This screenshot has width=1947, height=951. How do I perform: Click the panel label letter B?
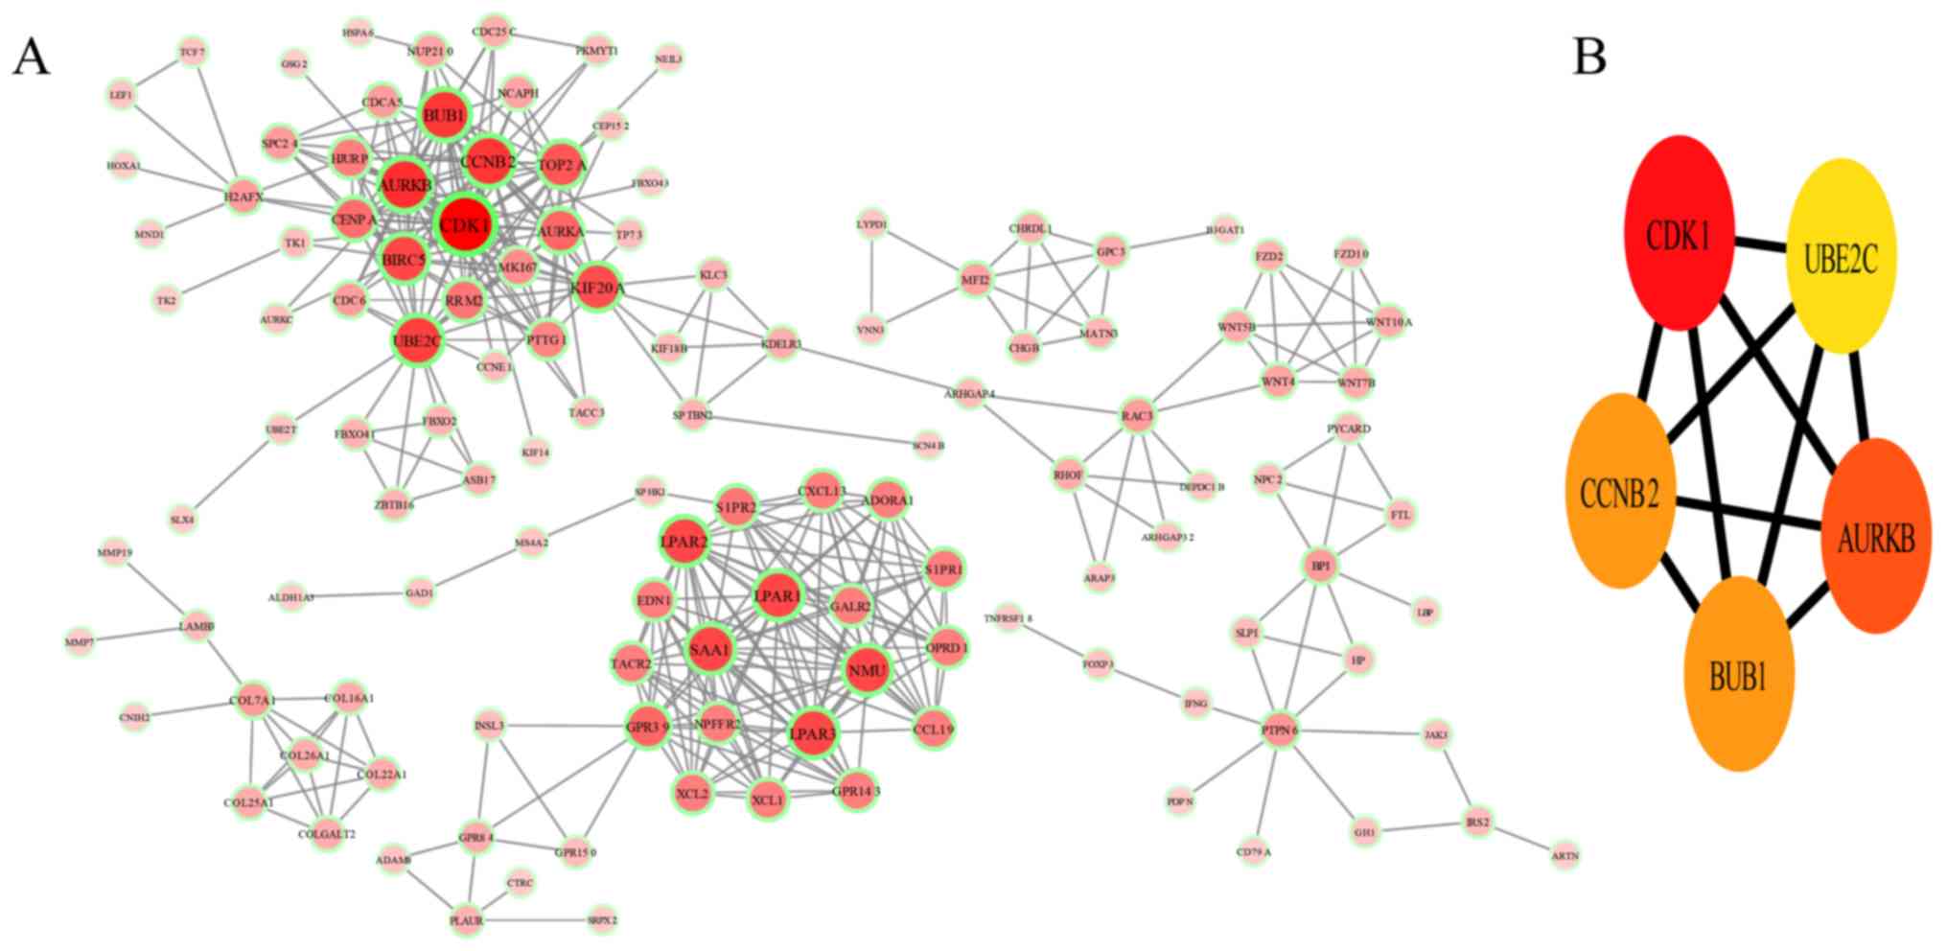1589,58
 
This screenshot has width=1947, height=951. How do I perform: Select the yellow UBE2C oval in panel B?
1841,257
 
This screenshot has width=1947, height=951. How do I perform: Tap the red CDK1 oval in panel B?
1680,233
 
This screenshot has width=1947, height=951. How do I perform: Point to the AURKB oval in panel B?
1875,537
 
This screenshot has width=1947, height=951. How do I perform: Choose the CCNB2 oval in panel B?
1620,492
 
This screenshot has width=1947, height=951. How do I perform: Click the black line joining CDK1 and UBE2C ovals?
1760,245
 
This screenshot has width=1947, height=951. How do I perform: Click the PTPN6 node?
1280,731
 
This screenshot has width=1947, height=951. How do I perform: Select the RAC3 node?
1137,416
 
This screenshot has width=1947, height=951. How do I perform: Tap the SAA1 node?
710,650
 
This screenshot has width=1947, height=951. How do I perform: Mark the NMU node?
868,670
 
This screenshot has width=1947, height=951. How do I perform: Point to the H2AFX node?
243,197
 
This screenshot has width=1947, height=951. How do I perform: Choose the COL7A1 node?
252,701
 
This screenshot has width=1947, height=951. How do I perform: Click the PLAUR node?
467,920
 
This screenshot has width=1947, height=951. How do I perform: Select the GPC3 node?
1110,252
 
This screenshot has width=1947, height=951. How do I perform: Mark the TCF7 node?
193,52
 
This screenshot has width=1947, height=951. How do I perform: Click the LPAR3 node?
812,734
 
